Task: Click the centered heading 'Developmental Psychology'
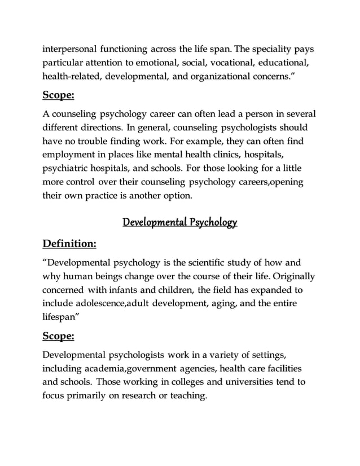[x=179, y=222]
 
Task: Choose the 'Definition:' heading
[x=69, y=244]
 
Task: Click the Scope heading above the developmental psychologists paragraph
[x=59, y=337]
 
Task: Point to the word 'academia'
[x=101, y=368]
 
